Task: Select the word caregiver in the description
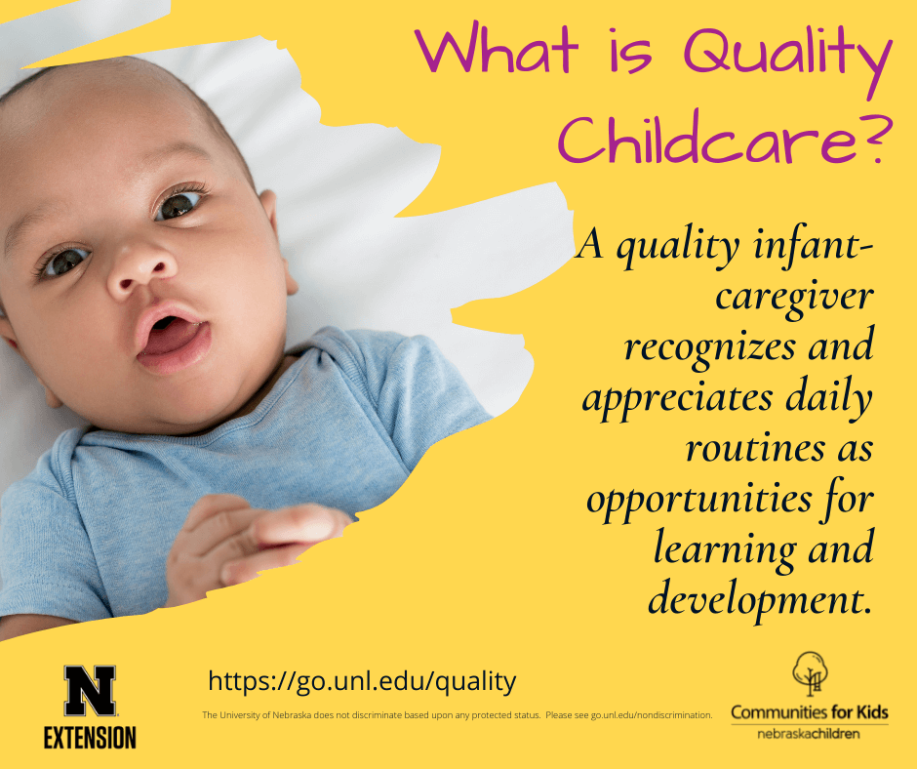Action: pos(794,298)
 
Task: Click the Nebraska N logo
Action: pos(90,691)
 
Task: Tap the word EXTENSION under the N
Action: pos(90,738)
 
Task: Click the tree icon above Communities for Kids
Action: pos(810,673)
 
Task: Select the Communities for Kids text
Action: pos(810,712)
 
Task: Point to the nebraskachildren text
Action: pos(809,734)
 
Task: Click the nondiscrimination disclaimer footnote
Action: pos(458,715)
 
